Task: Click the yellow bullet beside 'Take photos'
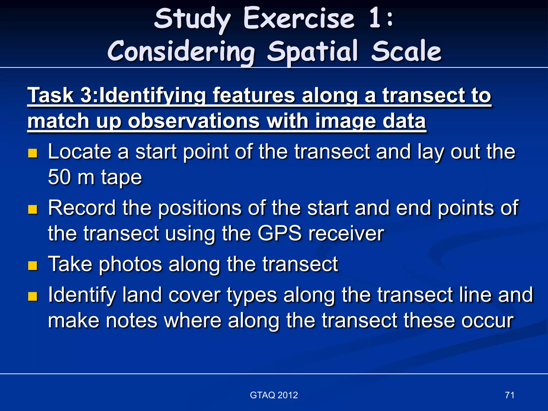pos(33,266)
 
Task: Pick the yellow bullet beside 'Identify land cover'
pos(33,296)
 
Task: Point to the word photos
pos(130,264)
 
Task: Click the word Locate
pos(79,152)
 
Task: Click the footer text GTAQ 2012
pos(274,395)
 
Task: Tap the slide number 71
pos(509,395)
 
